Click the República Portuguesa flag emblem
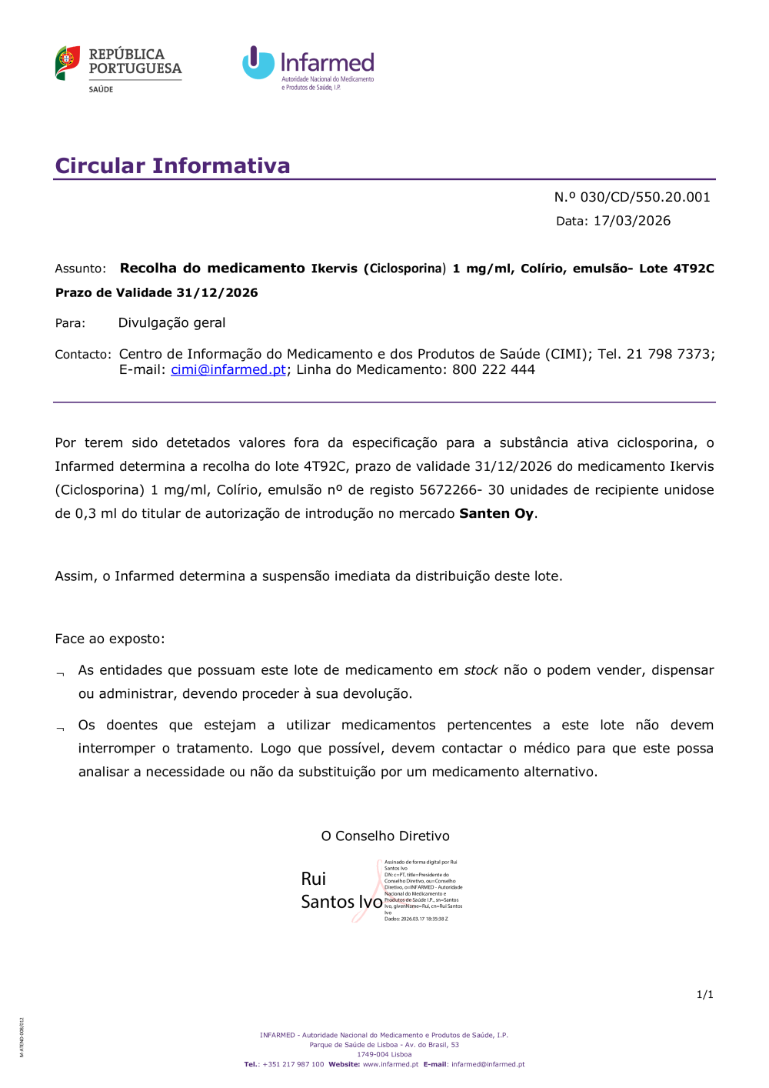(x=68, y=62)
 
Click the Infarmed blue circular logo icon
(x=258, y=63)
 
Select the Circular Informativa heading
(x=173, y=165)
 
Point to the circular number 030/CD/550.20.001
(x=645, y=197)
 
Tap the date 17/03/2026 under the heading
(x=632, y=221)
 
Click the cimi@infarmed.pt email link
(x=228, y=369)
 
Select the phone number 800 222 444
(x=494, y=369)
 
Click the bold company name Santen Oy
(x=496, y=513)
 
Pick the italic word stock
(x=481, y=670)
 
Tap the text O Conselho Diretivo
(x=385, y=836)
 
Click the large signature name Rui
(x=314, y=879)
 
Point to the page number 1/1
(x=705, y=994)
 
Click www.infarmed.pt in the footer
(x=391, y=1064)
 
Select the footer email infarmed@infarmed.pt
(x=488, y=1064)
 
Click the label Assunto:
(x=81, y=269)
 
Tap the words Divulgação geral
(x=171, y=323)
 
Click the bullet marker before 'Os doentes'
(x=60, y=728)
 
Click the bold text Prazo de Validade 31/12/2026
(x=157, y=292)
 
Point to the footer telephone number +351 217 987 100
(x=293, y=1064)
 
